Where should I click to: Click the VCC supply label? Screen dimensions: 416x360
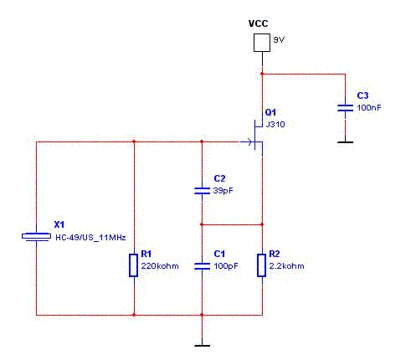[x=258, y=23]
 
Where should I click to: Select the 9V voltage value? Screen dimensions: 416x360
[x=279, y=39]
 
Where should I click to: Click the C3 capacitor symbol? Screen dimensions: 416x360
[x=345, y=108]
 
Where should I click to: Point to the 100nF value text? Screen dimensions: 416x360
[x=369, y=108]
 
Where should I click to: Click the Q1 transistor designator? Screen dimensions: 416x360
[x=270, y=112]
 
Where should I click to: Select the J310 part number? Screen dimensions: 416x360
[x=275, y=124]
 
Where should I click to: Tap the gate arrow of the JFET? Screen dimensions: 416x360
[x=248, y=141]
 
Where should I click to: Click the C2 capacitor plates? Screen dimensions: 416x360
[x=202, y=191]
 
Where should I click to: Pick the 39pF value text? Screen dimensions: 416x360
[x=223, y=191]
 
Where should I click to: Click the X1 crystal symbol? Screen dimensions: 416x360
[x=36, y=236]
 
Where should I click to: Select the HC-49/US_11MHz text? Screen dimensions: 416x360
[x=90, y=238]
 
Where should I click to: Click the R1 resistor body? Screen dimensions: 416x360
[x=134, y=265]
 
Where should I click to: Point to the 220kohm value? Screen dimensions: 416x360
[x=160, y=266]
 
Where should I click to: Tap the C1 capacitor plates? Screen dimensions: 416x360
[x=202, y=266]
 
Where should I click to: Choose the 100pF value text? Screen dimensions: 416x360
[x=226, y=266]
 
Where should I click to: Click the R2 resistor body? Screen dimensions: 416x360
[x=261, y=265]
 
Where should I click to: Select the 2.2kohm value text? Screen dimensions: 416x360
[x=286, y=266]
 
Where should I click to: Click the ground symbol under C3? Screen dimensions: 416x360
[x=345, y=142]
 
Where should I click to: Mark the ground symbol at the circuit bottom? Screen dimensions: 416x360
[x=202, y=346]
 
